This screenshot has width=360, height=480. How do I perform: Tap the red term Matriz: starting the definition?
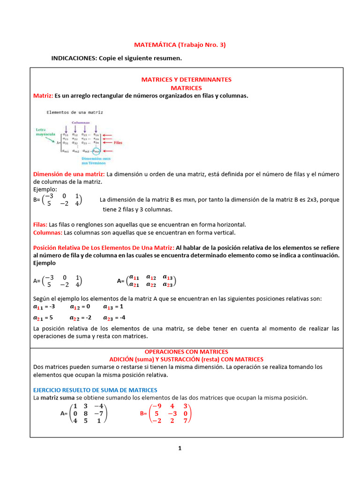(x=43, y=96)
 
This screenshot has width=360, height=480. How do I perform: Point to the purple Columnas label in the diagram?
(x=81, y=122)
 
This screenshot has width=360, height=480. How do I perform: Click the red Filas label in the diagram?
(x=117, y=142)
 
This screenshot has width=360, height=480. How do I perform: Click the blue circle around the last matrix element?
(x=96, y=151)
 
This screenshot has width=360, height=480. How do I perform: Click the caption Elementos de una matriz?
(x=75, y=112)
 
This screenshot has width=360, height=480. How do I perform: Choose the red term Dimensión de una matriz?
(x=69, y=174)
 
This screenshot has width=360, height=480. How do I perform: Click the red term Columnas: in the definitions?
(x=47, y=232)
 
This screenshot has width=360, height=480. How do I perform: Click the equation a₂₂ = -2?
(x=80, y=318)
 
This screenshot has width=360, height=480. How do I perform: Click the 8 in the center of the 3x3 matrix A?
(x=85, y=413)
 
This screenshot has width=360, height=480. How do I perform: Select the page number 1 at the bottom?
(x=180, y=448)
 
